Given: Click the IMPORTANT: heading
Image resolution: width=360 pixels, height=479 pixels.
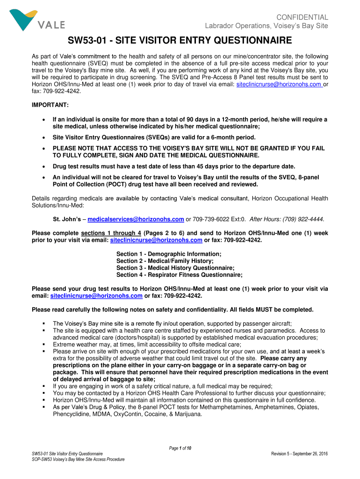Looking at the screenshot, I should (x=50, y=105).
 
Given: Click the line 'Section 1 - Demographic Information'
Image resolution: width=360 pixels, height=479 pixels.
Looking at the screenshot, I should (x=169, y=254).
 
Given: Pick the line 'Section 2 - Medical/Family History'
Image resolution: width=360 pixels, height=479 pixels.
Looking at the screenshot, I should (x=165, y=261).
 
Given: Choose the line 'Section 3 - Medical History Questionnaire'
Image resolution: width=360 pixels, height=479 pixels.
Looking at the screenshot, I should (x=175, y=268).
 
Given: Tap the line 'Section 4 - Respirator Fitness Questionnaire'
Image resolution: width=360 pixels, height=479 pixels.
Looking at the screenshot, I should (x=180, y=275).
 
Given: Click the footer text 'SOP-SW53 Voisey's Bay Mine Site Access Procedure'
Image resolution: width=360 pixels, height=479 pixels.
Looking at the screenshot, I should (x=78, y=459).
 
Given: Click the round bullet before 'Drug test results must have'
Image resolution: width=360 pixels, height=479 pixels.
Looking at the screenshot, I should (x=43, y=167).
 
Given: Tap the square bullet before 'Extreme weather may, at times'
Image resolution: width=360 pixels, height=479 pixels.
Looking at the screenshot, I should (x=43, y=344).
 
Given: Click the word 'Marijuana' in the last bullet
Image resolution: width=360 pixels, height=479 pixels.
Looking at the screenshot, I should (x=186, y=414).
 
